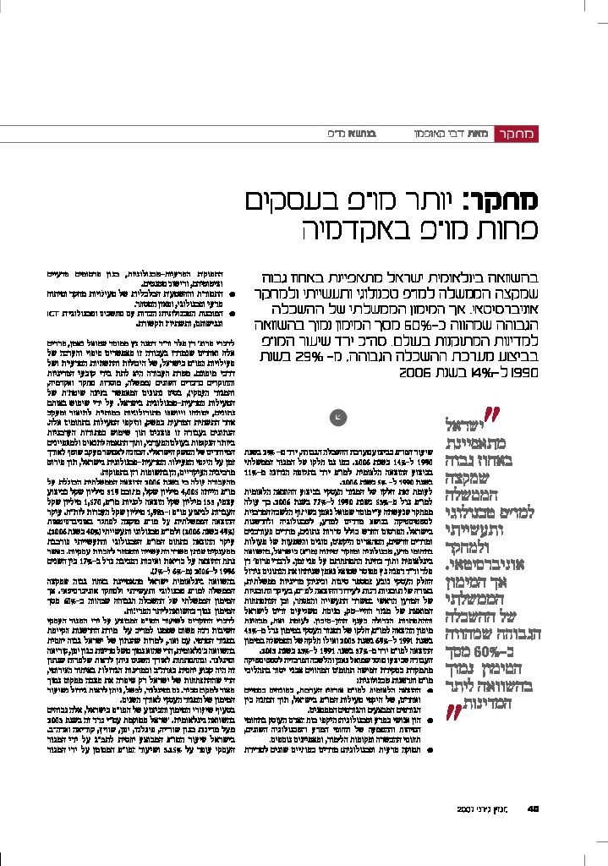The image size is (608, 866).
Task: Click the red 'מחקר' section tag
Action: (517, 134)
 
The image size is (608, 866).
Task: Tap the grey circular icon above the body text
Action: (338, 415)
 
